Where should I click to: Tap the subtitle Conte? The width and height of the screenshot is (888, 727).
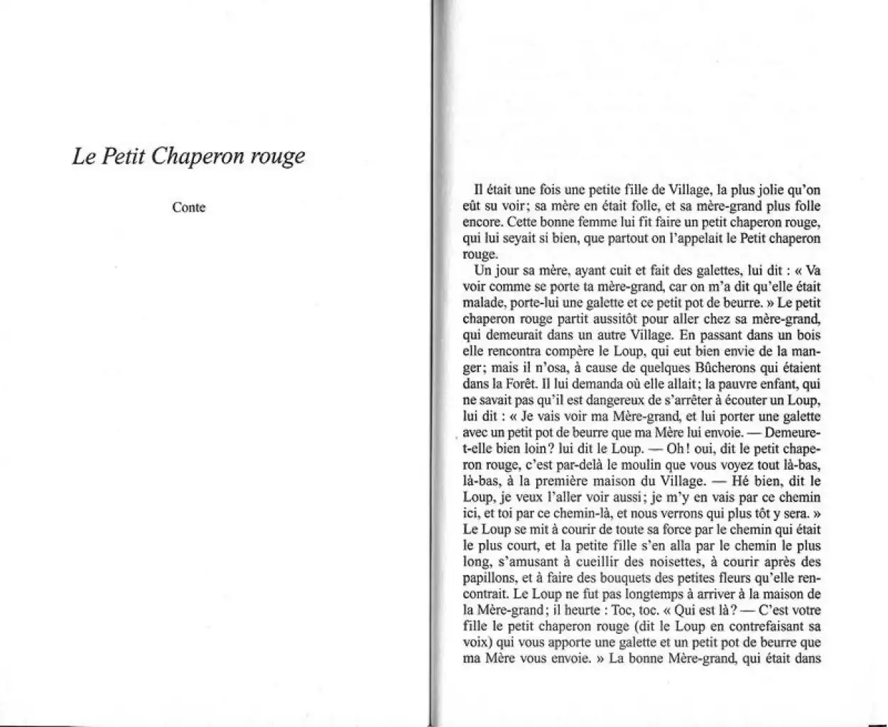pos(188,208)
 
